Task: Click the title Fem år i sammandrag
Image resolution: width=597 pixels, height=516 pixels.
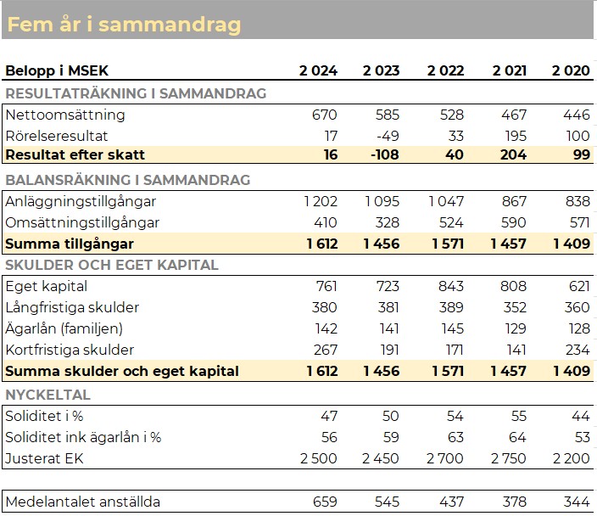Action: [x=125, y=25]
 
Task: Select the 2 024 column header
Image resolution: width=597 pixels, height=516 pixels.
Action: [x=318, y=70]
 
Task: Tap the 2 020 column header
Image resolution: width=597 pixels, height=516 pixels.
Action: [x=571, y=70]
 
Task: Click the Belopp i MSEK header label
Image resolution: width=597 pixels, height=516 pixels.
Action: [x=57, y=70]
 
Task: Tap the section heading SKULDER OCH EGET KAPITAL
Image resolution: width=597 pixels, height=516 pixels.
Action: [x=112, y=265]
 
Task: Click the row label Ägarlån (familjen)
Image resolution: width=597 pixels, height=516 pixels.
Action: [x=64, y=328]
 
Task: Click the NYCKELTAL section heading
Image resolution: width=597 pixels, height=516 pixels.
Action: [x=48, y=395]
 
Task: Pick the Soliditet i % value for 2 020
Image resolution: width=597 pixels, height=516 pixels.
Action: [x=581, y=416]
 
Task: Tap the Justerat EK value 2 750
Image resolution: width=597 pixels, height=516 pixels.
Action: [x=509, y=458]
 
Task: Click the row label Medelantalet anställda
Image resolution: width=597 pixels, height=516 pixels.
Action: [x=83, y=502]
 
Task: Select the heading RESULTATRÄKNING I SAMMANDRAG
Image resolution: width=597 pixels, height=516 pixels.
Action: [x=136, y=93]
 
